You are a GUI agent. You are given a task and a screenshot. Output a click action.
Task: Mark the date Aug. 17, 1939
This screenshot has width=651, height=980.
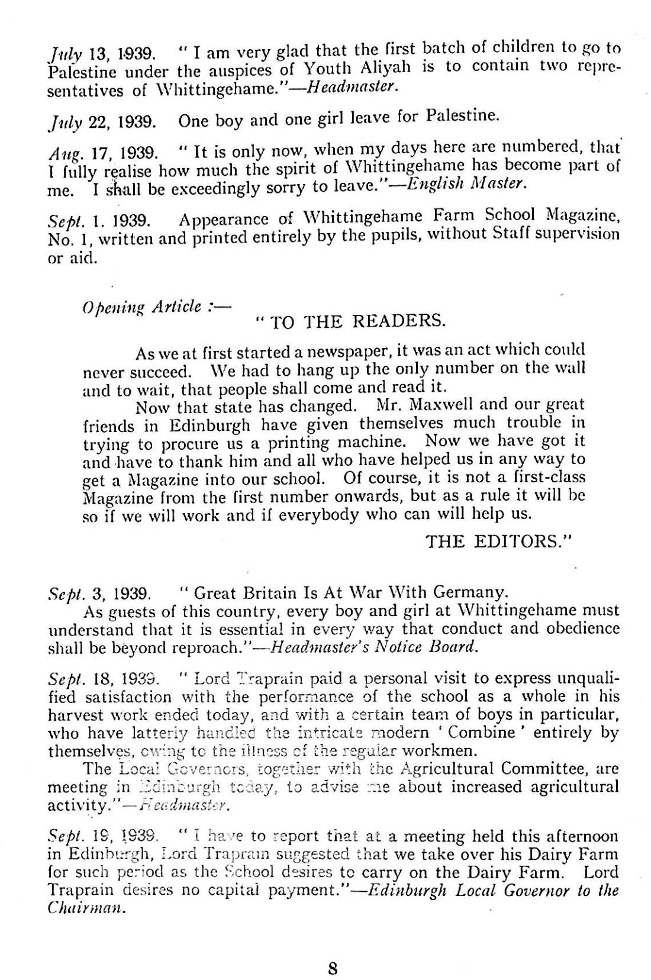[x=102, y=153]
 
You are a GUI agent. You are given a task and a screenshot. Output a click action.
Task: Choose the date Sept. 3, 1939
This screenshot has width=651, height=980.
[x=102, y=593]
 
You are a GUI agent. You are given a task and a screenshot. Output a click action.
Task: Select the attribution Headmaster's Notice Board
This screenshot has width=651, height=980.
[x=373, y=646]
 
